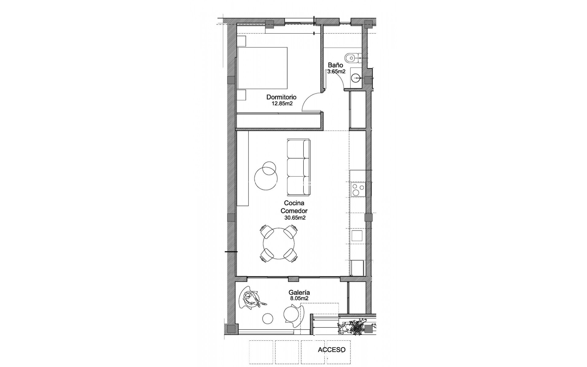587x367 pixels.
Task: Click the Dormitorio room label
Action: point(281,97)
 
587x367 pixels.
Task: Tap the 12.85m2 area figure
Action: point(282,103)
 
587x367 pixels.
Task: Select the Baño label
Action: point(335,65)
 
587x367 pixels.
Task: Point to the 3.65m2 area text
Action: point(336,72)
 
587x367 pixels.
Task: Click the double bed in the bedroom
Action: point(263,67)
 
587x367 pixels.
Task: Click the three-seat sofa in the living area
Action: point(298,167)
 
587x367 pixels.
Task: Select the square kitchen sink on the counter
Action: point(357,236)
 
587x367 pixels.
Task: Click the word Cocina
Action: point(294,203)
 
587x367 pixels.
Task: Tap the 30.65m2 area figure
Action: point(295,218)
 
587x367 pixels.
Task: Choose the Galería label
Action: point(299,293)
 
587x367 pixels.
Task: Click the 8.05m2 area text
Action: point(299,298)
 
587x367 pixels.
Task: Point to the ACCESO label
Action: point(331,350)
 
